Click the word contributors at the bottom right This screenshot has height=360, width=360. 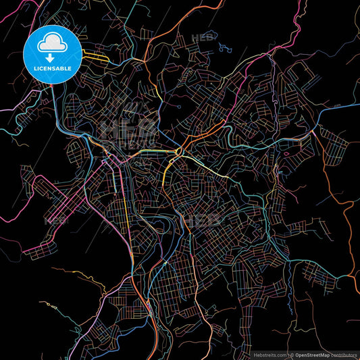click(342, 353)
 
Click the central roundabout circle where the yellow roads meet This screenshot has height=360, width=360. click(178, 153)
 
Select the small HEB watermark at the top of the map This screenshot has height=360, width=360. click(202, 38)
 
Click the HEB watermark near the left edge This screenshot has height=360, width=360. click(57, 220)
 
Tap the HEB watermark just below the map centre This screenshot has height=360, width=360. click(203, 221)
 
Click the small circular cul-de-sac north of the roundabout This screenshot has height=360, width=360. click(179, 107)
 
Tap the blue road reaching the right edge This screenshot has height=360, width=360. click(341, 111)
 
